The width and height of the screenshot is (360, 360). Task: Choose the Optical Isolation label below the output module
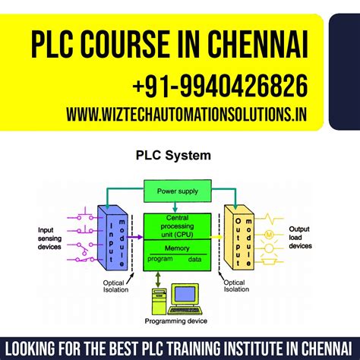235,284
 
